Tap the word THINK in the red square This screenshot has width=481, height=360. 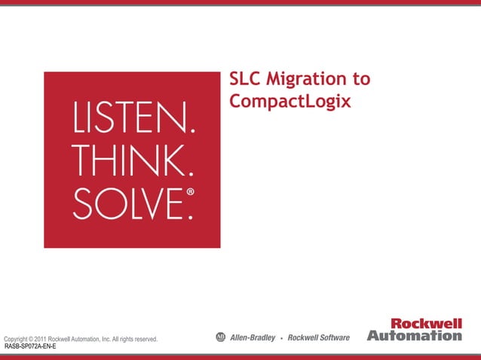[x=125, y=159]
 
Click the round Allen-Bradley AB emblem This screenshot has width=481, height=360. [x=221, y=337]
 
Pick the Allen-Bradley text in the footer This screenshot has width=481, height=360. [x=253, y=337]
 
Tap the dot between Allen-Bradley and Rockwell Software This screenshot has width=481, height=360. [x=281, y=338]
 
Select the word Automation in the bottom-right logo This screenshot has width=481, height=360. [x=414, y=336]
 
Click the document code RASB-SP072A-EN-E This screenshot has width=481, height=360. [x=30, y=347]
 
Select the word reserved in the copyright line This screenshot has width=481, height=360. [x=142, y=340]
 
